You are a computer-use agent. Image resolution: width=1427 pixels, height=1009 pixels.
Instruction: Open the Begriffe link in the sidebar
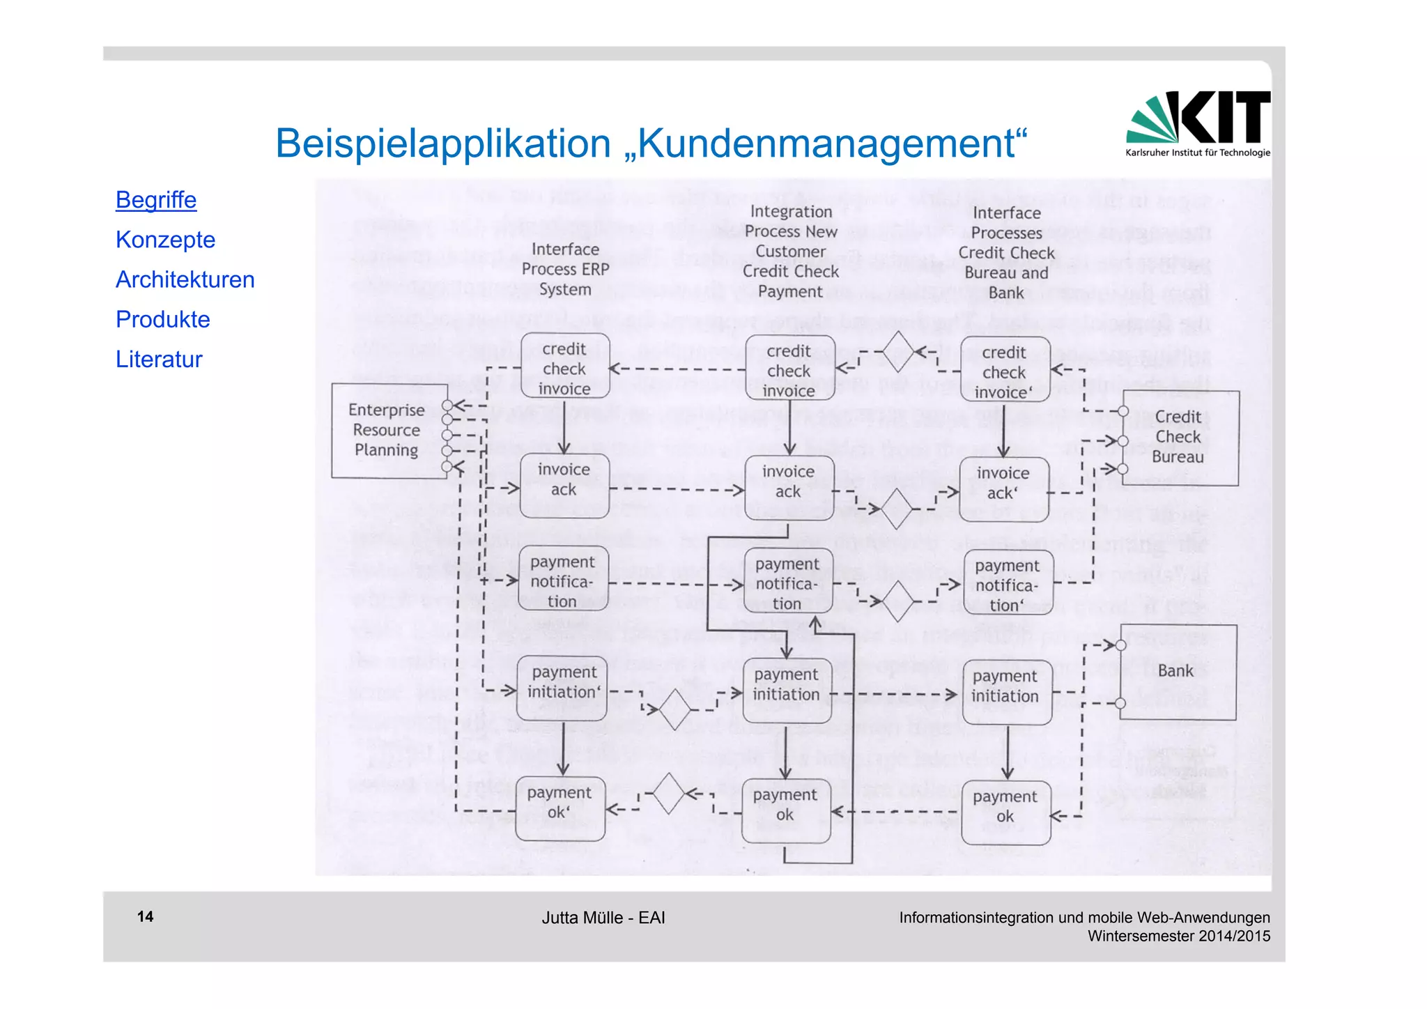[156, 200]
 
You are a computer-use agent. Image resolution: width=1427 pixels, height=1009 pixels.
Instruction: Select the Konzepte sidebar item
[165, 240]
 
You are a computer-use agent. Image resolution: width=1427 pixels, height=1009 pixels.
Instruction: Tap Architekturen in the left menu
[185, 279]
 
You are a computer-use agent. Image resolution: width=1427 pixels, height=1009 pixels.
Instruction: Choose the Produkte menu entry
[162, 319]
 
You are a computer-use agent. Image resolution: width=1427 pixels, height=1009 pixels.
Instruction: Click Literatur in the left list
[159, 359]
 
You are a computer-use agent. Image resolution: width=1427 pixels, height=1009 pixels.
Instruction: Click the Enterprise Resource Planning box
[387, 430]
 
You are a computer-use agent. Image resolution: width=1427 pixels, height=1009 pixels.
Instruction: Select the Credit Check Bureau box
[1179, 437]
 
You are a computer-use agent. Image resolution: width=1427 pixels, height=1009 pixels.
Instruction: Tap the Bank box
[1177, 671]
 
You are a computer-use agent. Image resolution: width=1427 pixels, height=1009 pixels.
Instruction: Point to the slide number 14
[145, 916]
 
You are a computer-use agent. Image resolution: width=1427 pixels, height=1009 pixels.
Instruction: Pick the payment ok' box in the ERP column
[560, 808]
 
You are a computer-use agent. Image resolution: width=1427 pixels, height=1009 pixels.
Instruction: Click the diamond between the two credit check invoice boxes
[897, 353]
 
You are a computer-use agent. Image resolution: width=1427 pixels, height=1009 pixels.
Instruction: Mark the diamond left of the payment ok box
[669, 794]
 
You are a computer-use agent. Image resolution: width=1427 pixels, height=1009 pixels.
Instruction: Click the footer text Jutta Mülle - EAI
[603, 918]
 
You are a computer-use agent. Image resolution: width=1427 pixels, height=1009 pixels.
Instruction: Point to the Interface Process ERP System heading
[565, 269]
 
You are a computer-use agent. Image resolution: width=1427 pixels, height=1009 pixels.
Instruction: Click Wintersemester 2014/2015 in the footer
[1179, 936]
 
